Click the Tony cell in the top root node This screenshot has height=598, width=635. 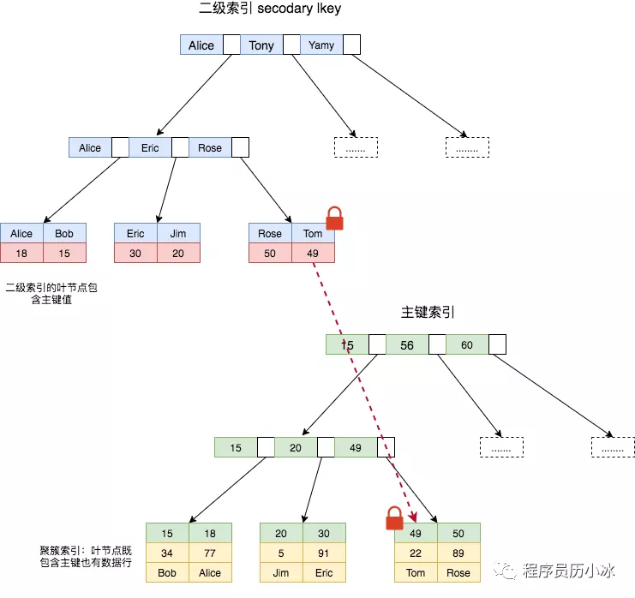(x=261, y=45)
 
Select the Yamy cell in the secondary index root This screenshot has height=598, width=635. (x=321, y=45)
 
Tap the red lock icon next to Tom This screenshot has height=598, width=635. (x=334, y=218)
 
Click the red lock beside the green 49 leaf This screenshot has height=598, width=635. (x=394, y=518)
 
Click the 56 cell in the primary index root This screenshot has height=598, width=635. (x=407, y=344)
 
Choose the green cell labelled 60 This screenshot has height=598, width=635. (x=467, y=344)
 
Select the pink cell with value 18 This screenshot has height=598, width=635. (x=21, y=253)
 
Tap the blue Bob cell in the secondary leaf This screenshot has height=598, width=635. (x=64, y=233)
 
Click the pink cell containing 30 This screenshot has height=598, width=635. (x=135, y=253)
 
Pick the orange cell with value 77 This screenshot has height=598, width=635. (x=210, y=553)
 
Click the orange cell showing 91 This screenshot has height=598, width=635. (x=324, y=553)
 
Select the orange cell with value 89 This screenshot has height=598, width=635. (x=458, y=553)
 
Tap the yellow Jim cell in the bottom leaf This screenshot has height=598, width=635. (x=281, y=573)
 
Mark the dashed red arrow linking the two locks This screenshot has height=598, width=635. (x=360, y=386)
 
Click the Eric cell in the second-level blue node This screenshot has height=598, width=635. (x=150, y=147)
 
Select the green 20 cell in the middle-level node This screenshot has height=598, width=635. (x=296, y=447)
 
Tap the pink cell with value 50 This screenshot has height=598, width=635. (x=270, y=253)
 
